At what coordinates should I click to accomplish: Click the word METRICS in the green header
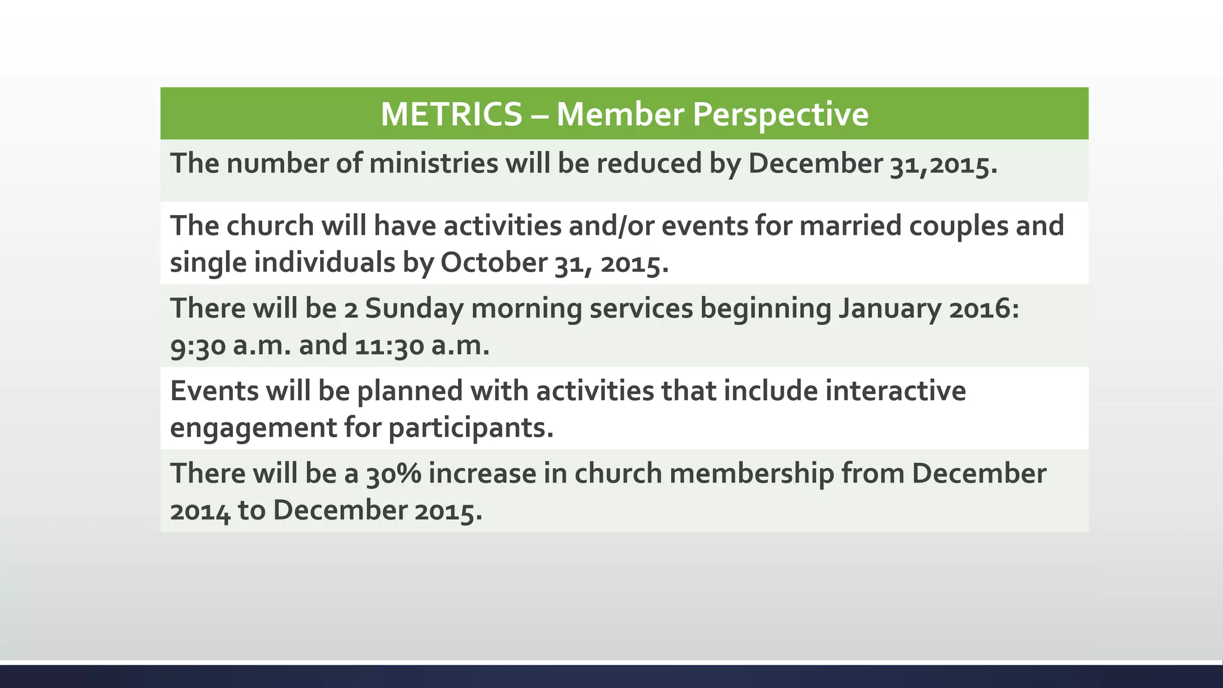(x=451, y=114)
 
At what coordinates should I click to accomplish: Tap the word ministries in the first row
(x=434, y=164)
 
